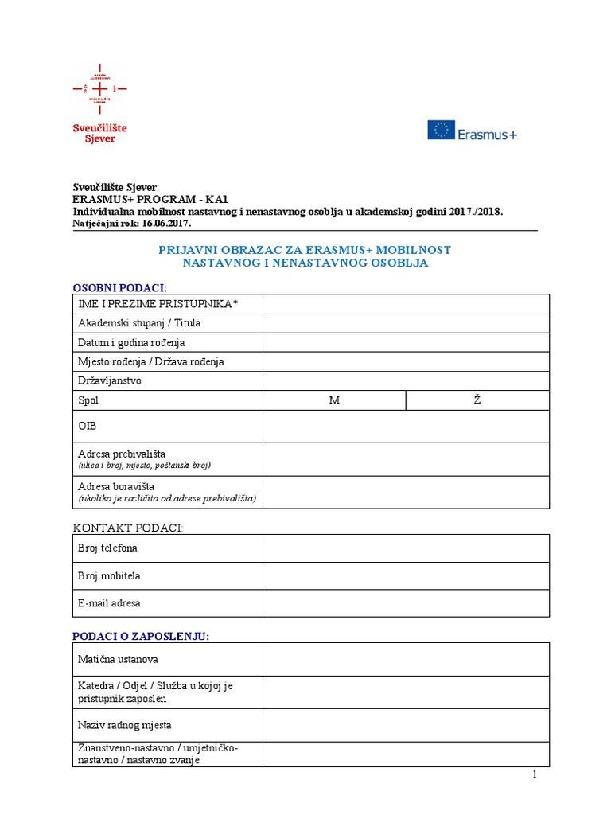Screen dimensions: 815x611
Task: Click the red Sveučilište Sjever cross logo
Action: [x=99, y=88]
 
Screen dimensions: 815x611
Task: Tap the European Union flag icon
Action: [x=441, y=131]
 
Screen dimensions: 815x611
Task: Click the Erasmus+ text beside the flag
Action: [x=487, y=134]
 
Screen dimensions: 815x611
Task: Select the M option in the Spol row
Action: [x=334, y=400]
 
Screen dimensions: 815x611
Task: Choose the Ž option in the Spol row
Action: [x=477, y=400]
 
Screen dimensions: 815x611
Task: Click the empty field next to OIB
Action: [x=406, y=426]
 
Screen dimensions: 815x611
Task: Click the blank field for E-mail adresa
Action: [x=406, y=603]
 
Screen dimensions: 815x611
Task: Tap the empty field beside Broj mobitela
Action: [x=406, y=575]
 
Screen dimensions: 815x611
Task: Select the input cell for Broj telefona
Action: [x=406, y=548]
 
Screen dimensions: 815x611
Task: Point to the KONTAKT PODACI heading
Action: [x=128, y=528]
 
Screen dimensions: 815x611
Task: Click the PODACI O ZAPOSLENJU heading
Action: [x=141, y=635]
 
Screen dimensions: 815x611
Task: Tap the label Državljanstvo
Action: [x=110, y=380]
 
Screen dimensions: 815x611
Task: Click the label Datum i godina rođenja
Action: [x=131, y=342]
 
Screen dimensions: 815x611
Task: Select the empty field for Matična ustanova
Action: [x=406, y=659]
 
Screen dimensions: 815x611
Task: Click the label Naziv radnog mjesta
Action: [x=124, y=725]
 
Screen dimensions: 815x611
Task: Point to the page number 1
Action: [x=535, y=774]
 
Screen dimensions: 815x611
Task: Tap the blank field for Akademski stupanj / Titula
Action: [x=406, y=323]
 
